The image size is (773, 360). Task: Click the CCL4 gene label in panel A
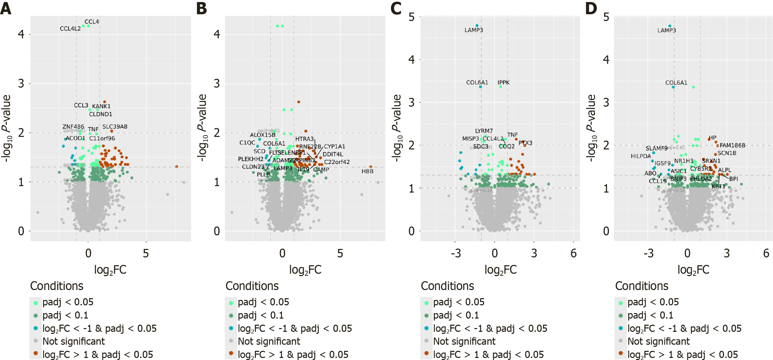click(x=92, y=22)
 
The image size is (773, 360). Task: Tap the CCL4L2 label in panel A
click(x=70, y=29)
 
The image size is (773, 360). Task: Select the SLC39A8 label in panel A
click(x=115, y=127)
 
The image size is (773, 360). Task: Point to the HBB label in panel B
click(x=367, y=172)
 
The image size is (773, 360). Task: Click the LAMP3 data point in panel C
click(x=477, y=25)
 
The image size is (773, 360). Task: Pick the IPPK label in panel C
click(x=504, y=83)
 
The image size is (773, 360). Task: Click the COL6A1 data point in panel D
click(x=673, y=87)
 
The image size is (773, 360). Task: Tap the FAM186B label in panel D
click(x=732, y=145)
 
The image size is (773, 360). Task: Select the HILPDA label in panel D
click(x=641, y=156)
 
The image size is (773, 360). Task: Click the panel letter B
click(x=201, y=8)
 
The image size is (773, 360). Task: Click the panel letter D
click(x=591, y=8)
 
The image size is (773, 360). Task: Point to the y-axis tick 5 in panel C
click(x=411, y=17)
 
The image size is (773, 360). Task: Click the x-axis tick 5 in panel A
click(x=146, y=253)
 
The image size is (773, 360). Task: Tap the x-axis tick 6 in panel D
click(x=766, y=253)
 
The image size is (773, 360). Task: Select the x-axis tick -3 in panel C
click(x=456, y=253)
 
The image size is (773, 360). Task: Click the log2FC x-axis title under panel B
click(x=305, y=270)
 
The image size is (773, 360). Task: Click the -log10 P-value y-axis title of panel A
click(x=7, y=128)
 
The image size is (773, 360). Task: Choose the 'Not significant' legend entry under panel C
click(x=464, y=341)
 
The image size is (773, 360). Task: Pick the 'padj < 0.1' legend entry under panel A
click(x=65, y=316)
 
